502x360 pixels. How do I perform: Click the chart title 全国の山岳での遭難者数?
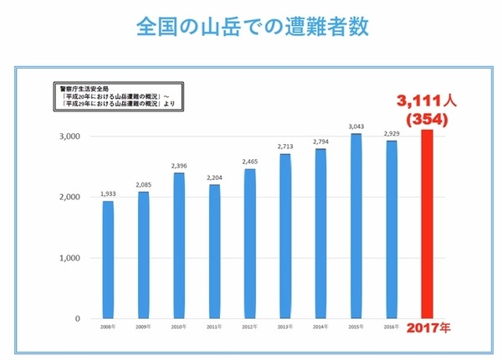click(251, 26)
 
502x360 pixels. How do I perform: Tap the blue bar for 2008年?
click(108, 260)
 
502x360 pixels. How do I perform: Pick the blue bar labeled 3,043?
click(355, 226)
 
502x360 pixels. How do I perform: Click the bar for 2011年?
click(213, 251)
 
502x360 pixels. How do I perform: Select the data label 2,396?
click(178, 165)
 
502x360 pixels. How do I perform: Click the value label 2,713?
click(284, 146)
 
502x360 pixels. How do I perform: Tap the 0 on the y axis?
click(76, 319)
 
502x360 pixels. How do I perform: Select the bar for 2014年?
click(320, 234)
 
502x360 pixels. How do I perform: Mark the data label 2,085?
click(143, 183)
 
